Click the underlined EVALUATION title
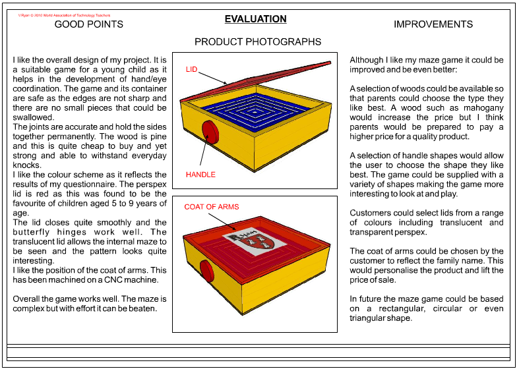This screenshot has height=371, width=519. [255, 19]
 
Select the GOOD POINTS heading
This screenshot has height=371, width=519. [88, 24]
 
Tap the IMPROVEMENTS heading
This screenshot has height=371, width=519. [433, 24]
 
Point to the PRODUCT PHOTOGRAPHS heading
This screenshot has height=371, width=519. [258, 42]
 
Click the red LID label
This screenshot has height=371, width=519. [192, 69]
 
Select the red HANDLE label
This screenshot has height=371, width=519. [200, 175]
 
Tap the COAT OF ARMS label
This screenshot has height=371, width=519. [211, 207]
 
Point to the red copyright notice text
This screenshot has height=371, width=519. [65, 14]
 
